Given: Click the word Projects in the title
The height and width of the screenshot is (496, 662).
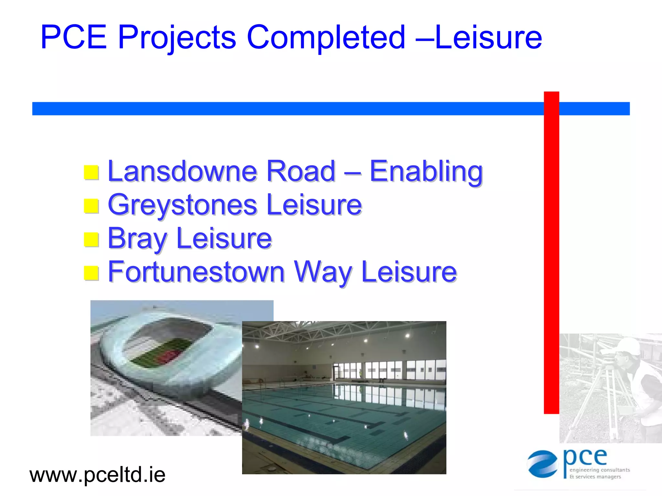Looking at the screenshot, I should pos(177,38).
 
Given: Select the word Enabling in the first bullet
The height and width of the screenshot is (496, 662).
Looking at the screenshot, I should pos(426,172).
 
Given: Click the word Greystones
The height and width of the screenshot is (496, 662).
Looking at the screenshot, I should pos(183,205).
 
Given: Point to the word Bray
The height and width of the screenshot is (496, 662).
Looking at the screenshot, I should pos(137,239).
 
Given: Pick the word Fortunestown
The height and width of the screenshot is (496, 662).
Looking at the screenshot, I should pos(196,272).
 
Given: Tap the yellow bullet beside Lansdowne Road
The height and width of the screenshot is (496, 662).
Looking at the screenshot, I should pos(91,172).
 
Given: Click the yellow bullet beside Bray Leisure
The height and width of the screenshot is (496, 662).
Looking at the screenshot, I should pos(91,239).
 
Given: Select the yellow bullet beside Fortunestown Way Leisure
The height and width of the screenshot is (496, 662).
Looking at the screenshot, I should pos(91,273).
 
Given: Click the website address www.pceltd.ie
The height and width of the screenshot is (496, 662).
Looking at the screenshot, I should pos(97,475).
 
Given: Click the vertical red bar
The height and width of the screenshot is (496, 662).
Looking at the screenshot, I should pos(551,252).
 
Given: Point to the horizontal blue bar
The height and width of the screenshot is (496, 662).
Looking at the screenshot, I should pos(291,108).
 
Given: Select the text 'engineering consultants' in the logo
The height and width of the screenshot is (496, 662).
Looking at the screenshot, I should pos(600,470).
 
